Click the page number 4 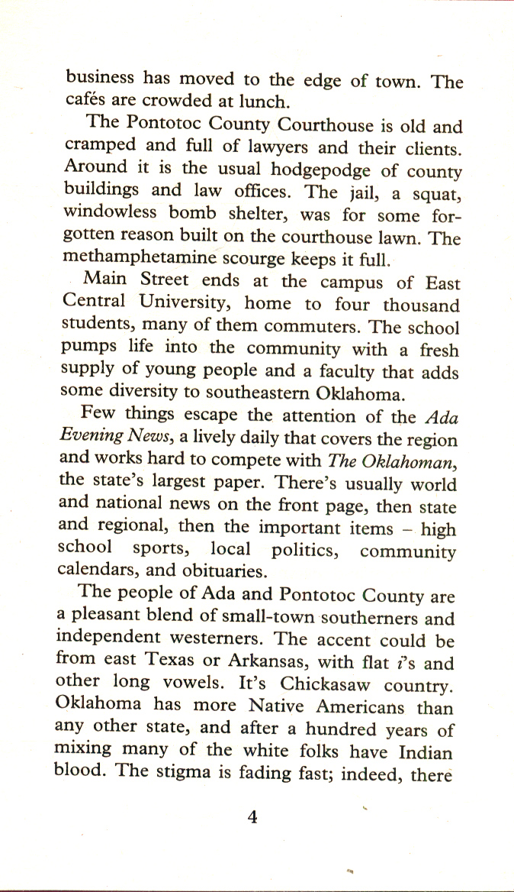(254, 818)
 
